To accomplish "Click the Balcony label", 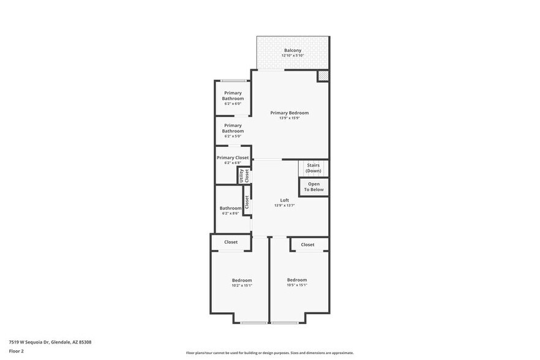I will [293, 50].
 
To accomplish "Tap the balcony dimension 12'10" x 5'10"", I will [293, 56].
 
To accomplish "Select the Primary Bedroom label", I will [290, 113].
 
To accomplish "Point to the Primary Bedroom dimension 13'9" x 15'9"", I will [290, 118].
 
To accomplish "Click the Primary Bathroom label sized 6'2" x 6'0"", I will [233, 96].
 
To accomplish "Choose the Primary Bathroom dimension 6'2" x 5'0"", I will [233, 136].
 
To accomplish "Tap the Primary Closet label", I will [233, 158].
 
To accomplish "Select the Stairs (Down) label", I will [313, 168].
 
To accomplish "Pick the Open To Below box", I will [313, 187].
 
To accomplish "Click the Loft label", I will [285, 200].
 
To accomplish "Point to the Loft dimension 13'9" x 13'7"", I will [285, 206].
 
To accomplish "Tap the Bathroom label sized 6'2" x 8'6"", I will [231, 208].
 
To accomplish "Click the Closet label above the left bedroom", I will [231, 242].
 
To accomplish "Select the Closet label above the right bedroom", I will [307, 244].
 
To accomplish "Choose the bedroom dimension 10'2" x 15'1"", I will [241, 285].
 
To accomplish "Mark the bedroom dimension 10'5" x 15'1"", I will [297, 285].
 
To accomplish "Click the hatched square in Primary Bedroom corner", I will [323, 76].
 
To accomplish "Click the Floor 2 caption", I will [16, 351].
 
